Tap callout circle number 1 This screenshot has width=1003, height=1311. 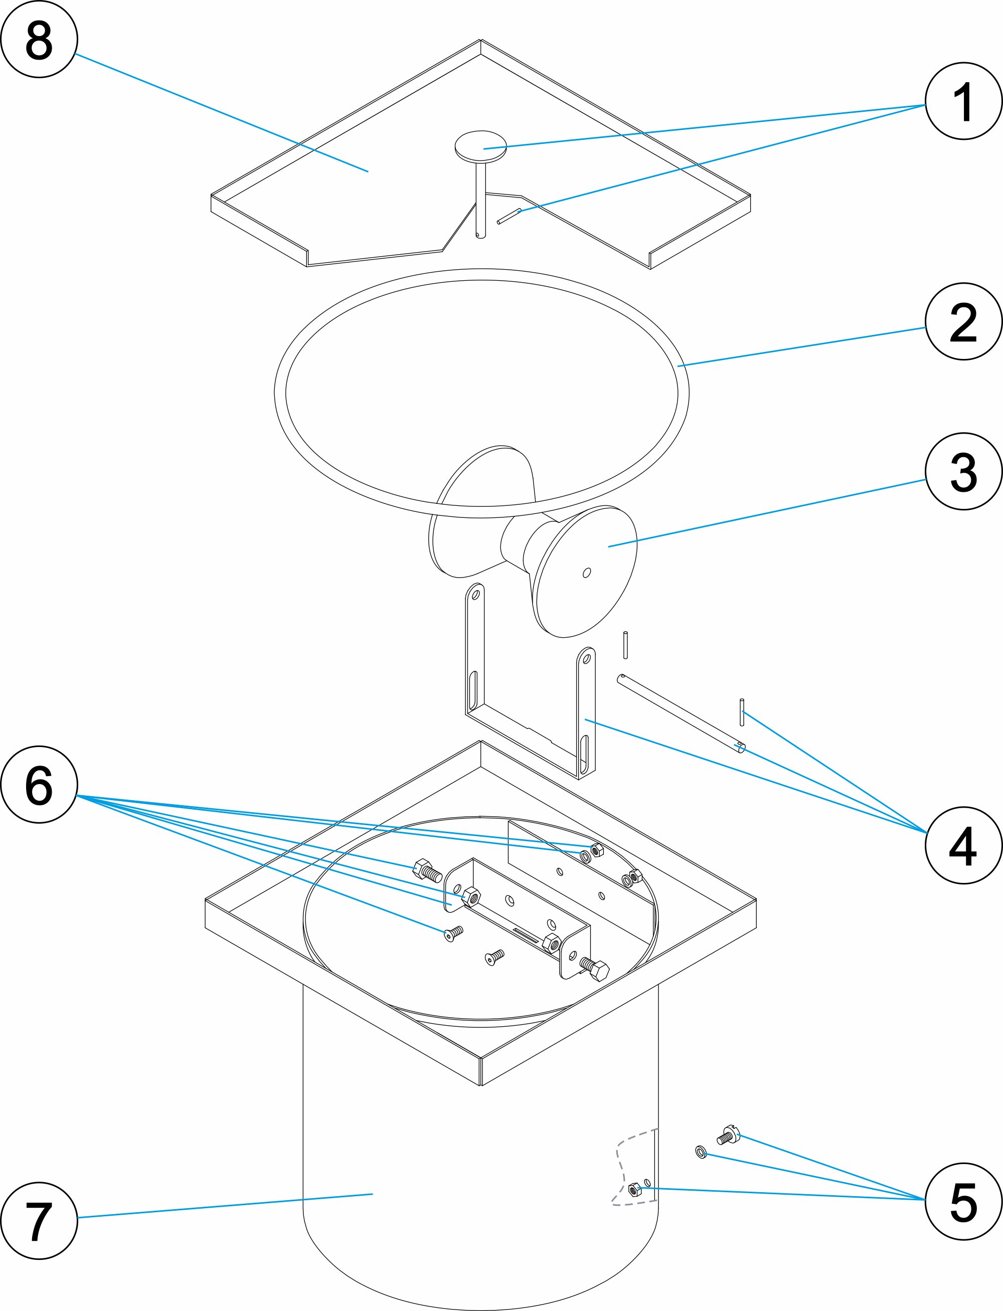[963, 101]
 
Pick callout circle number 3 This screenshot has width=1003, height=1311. [963, 471]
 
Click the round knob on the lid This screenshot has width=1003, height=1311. [480, 147]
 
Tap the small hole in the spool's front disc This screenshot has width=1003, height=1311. [587, 573]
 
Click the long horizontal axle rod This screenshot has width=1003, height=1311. [681, 713]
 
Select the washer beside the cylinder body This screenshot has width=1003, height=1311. [701, 1152]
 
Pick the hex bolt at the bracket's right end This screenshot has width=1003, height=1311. [595, 968]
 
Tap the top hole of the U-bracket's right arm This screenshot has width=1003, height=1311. [586, 659]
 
